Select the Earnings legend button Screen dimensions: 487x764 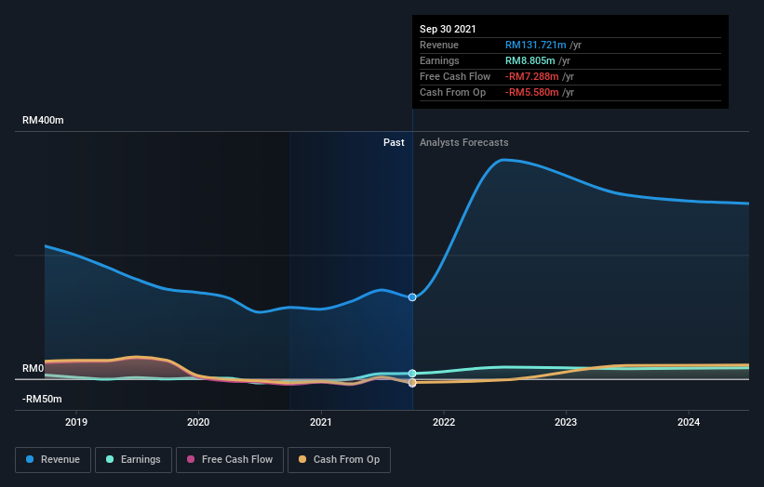(x=133, y=459)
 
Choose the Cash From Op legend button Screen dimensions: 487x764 (x=339, y=459)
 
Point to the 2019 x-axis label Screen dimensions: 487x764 (x=76, y=422)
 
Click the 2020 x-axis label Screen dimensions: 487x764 (x=198, y=422)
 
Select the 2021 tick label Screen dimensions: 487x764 (x=321, y=422)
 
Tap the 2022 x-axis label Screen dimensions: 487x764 (x=444, y=422)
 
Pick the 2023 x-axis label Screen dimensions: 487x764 (x=566, y=422)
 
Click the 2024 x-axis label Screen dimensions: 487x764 (x=689, y=422)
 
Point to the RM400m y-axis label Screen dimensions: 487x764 (x=43, y=121)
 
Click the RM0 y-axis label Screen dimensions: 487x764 (x=34, y=369)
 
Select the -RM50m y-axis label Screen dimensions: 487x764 (x=43, y=400)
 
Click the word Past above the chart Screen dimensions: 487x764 (x=394, y=142)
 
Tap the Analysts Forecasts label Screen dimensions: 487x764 (x=464, y=142)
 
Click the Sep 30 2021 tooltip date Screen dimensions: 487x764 (x=448, y=29)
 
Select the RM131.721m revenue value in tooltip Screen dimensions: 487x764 (x=536, y=45)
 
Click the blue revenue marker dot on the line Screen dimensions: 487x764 (x=412, y=297)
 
